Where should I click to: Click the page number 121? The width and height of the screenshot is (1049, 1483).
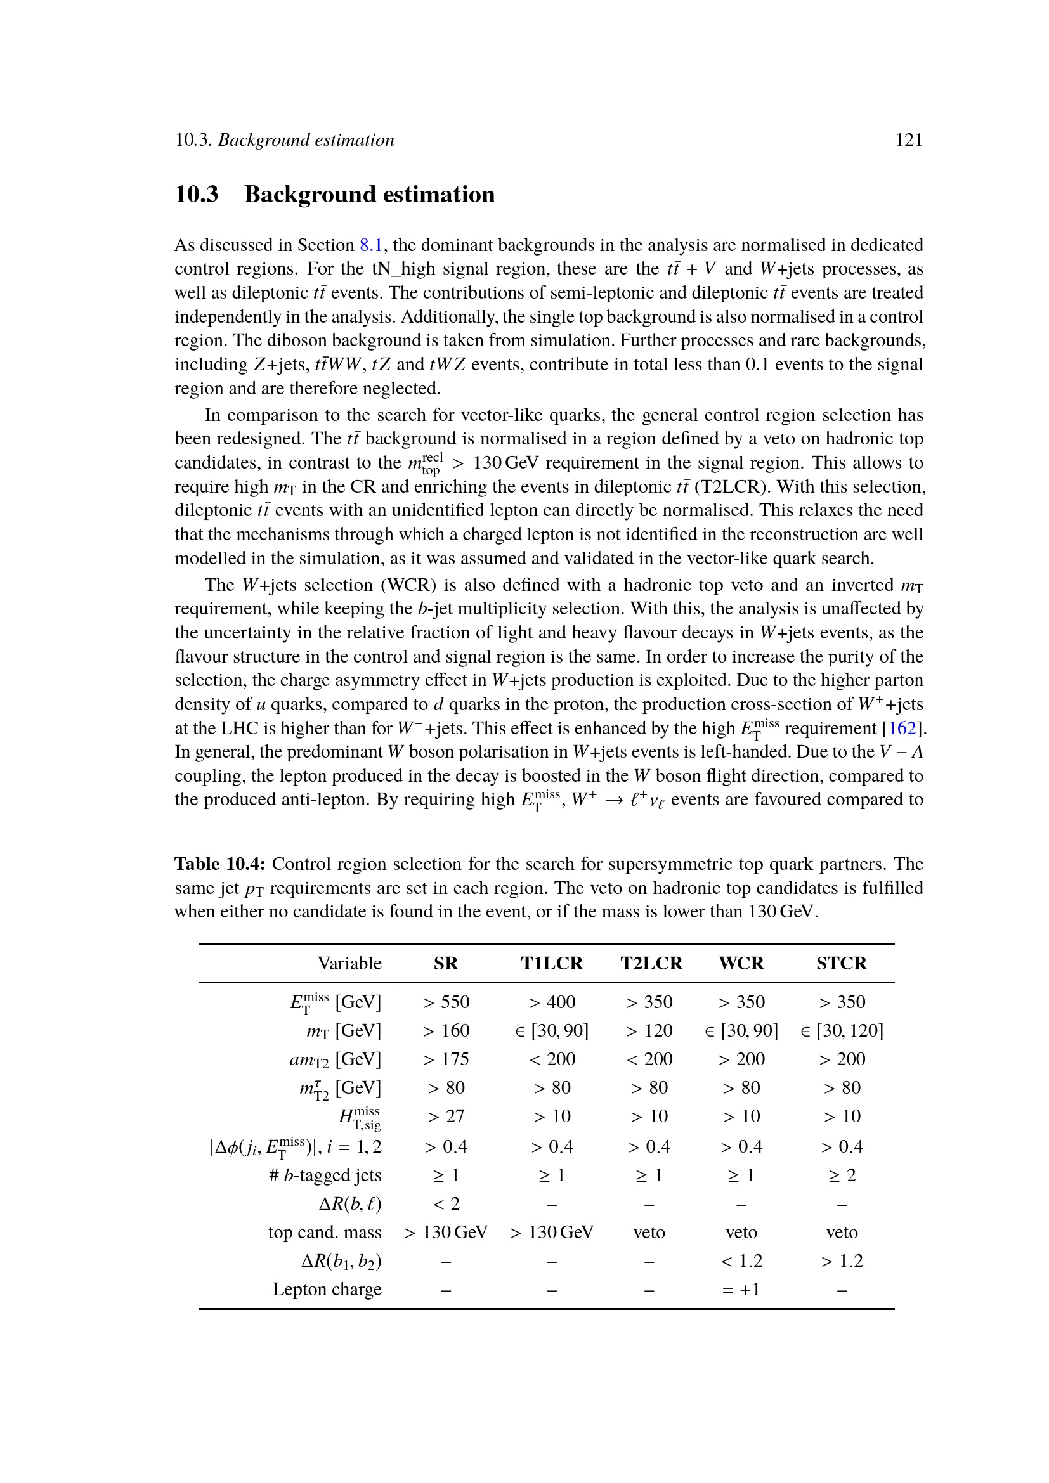(x=908, y=140)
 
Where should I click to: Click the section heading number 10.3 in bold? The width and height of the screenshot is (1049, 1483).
(x=197, y=195)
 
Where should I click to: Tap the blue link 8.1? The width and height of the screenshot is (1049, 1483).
(x=371, y=245)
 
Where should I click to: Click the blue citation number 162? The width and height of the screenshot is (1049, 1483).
(x=902, y=729)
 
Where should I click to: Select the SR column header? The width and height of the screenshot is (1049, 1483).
(x=446, y=963)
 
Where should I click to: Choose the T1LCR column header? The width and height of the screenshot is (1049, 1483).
(x=552, y=963)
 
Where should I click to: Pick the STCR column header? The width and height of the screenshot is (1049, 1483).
(x=841, y=963)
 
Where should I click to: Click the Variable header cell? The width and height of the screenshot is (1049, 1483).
(x=349, y=963)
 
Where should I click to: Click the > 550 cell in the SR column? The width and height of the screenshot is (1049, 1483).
(x=446, y=1002)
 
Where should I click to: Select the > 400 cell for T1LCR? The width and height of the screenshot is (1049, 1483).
(x=552, y=1002)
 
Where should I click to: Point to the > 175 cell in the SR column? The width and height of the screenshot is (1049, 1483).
(x=446, y=1059)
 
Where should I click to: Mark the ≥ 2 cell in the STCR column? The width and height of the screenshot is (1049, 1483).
(x=841, y=1175)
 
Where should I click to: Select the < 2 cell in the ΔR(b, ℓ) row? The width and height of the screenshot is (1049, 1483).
(x=446, y=1203)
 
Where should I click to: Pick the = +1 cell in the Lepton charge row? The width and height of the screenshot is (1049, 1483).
(x=741, y=1289)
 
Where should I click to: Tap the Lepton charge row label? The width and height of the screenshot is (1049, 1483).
(x=327, y=1289)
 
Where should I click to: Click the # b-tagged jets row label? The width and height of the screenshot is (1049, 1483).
(x=325, y=1175)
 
